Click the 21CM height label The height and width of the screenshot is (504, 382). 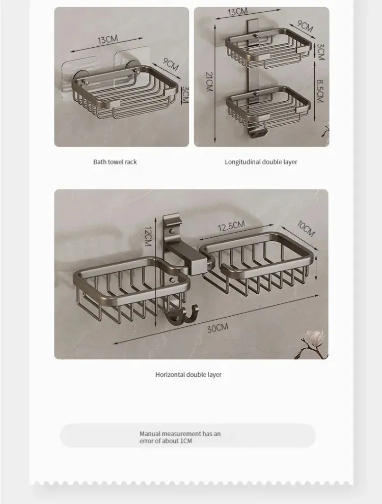(x=209, y=81)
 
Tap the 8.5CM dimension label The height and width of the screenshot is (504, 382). (x=319, y=91)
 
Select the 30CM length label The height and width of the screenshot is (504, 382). (x=217, y=328)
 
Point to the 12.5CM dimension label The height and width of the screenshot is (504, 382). (x=231, y=226)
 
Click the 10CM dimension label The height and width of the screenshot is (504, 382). (x=306, y=229)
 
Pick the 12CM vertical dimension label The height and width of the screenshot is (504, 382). (x=148, y=236)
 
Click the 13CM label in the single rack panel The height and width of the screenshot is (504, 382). (x=107, y=40)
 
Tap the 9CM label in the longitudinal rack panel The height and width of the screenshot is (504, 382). (x=305, y=26)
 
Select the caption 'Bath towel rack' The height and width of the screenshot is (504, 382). (x=115, y=162)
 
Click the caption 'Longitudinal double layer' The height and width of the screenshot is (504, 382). (x=261, y=162)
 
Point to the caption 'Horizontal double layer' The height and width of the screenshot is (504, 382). (x=188, y=375)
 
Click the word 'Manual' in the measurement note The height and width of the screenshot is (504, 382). (x=150, y=434)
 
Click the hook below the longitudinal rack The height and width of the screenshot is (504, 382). (x=257, y=131)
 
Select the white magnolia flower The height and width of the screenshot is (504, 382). (x=313, y=339)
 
